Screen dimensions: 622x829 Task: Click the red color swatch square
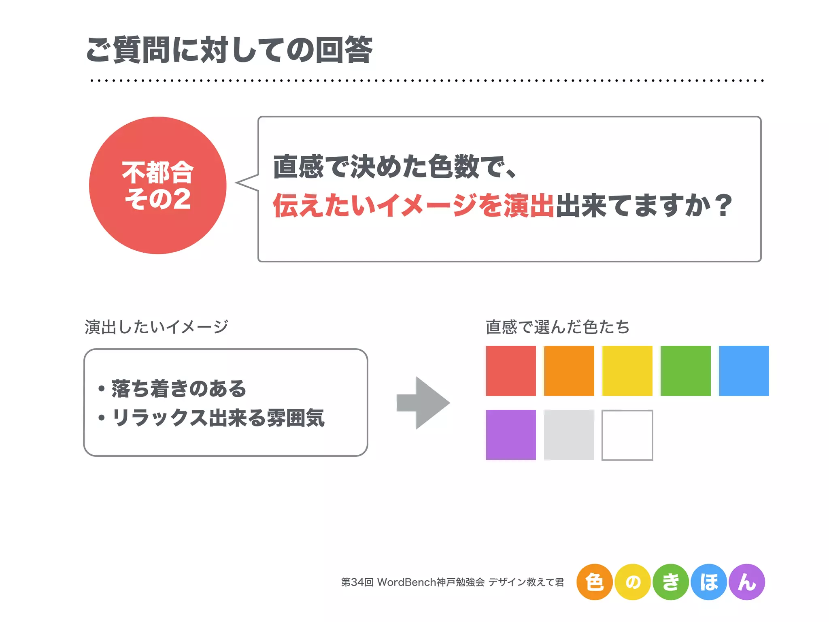(510, 371)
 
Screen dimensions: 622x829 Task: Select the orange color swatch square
(569, 371)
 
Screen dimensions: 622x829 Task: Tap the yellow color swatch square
(627, 371)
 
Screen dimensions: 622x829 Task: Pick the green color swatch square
(685, 371)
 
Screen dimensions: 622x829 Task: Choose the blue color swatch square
(744, 371)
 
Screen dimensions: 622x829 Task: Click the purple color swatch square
(510, 435)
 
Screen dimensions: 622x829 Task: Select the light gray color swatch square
(569, 435)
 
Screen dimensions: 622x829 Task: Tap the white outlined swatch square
(627, 435)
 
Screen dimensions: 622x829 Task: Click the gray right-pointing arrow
(423, 403)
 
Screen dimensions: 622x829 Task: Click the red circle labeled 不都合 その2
(158, 185)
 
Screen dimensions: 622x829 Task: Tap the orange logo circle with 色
(594, 582)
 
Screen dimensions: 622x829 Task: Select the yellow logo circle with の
(633, 582)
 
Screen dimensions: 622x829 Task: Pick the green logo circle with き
(671, 582)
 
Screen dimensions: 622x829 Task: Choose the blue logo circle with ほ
(709, 582)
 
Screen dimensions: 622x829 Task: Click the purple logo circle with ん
(747, 582)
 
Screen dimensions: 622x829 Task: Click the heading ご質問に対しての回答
(229, 50)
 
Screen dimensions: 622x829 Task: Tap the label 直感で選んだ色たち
(557, 327)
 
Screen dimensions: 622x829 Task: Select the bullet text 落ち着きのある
(179, 389)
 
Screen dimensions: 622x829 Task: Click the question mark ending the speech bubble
(723, 205)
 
